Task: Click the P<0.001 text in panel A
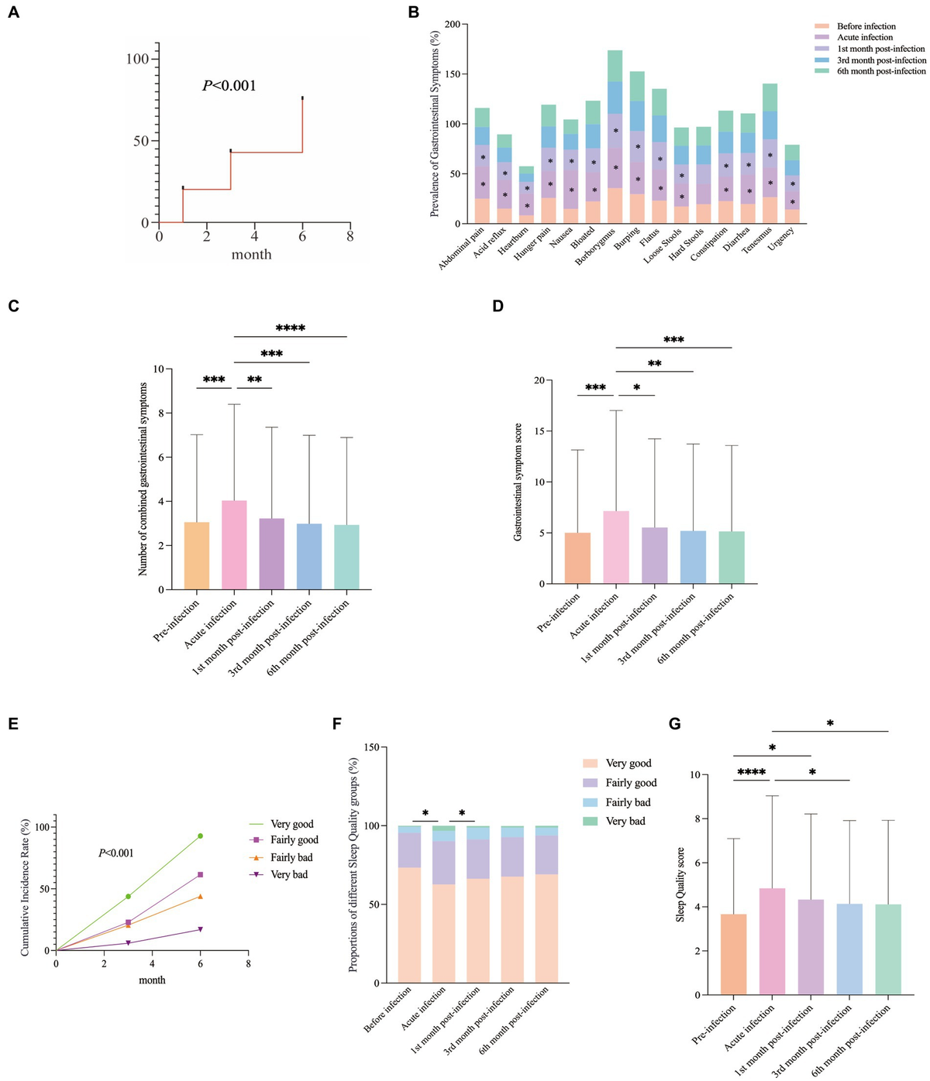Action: point(229,86)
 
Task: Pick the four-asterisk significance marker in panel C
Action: point(290,328)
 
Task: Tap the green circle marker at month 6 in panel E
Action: point(200,836)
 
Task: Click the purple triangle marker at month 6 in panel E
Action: point(200,929)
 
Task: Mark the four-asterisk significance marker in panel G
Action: point(751,773)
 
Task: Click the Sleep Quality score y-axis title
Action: point(680,884)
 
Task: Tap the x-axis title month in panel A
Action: point(251,255)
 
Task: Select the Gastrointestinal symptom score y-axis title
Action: point(518,481)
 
